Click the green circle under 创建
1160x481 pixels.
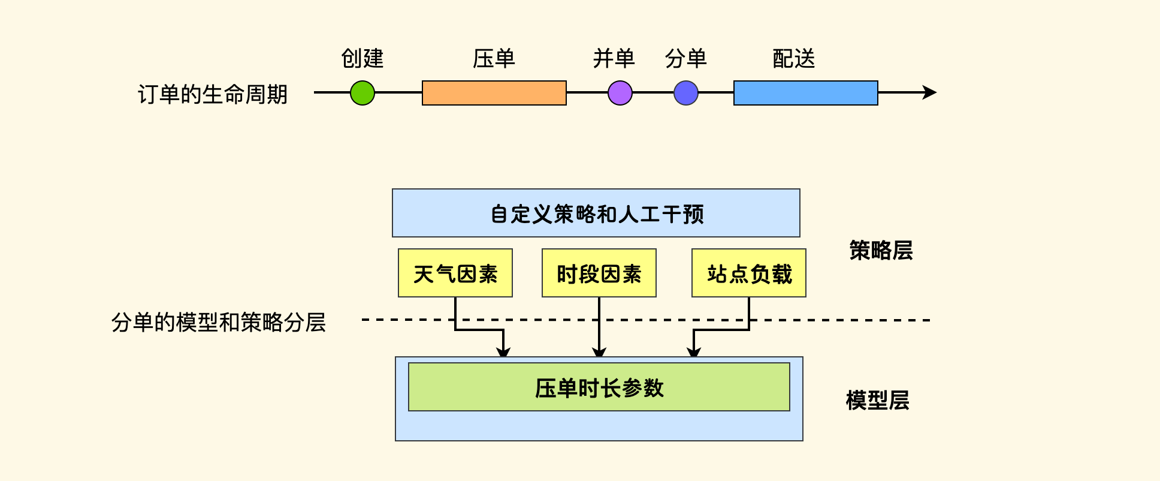tap(362, 93)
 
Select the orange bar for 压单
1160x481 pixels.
tap(494, 93)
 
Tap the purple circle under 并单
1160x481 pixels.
tap(620, 93)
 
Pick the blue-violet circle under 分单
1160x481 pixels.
tap(686, 93)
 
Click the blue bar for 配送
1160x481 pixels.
tap(805, 93)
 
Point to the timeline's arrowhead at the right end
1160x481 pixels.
tap(930, 92)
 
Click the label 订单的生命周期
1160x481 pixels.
tap(213, 94)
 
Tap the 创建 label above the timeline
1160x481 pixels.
tap(362, 58)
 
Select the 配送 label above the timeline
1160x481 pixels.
tap(794, 58)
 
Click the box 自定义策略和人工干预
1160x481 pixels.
tap(596, 213)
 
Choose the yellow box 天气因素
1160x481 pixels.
tap(455, 273)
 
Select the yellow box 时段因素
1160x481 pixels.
tap(599, 273)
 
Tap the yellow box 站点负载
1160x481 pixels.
tap(749, 273)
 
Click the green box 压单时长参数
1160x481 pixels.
tap(599, 387)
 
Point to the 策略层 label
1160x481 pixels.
tap(881, 250)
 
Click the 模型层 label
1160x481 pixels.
tap(877, 400)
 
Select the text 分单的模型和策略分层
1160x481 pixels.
tap(219, 322)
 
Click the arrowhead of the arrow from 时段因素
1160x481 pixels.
tap(599, 352)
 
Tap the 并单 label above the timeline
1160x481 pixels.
tap(614, 58)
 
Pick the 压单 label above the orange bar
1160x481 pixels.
tap(494, 58)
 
